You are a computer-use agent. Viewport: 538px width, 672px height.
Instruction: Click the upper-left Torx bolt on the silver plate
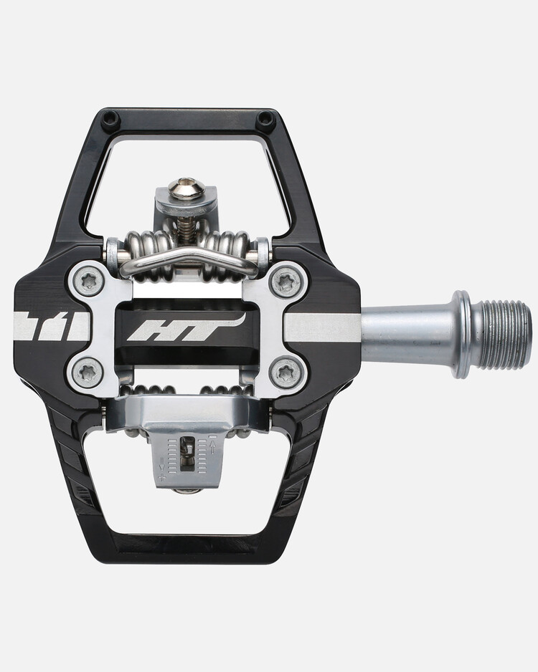click(x=89, y=282)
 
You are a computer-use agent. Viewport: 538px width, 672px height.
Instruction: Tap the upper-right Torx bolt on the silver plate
click(x=285, y=282)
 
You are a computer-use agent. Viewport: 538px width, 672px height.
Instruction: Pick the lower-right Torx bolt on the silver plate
click(x=285, y=373)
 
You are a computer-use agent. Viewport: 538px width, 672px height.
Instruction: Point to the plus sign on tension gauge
click(x=164, y=476)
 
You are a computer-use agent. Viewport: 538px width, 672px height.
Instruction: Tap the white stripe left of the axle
click(x=321, y=328)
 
